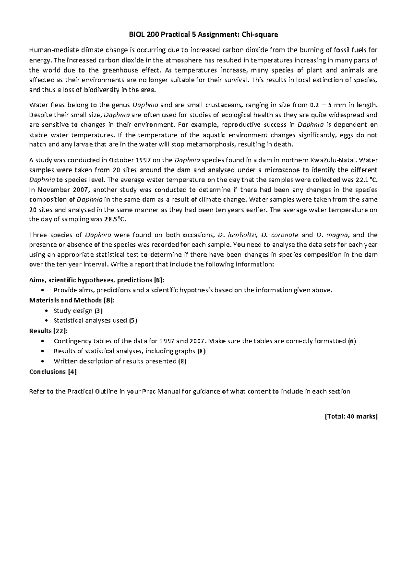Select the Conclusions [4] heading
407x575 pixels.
tap(53, 372)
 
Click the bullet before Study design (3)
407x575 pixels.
tap(46, 311)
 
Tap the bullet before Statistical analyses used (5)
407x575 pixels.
tap(46, 320)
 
